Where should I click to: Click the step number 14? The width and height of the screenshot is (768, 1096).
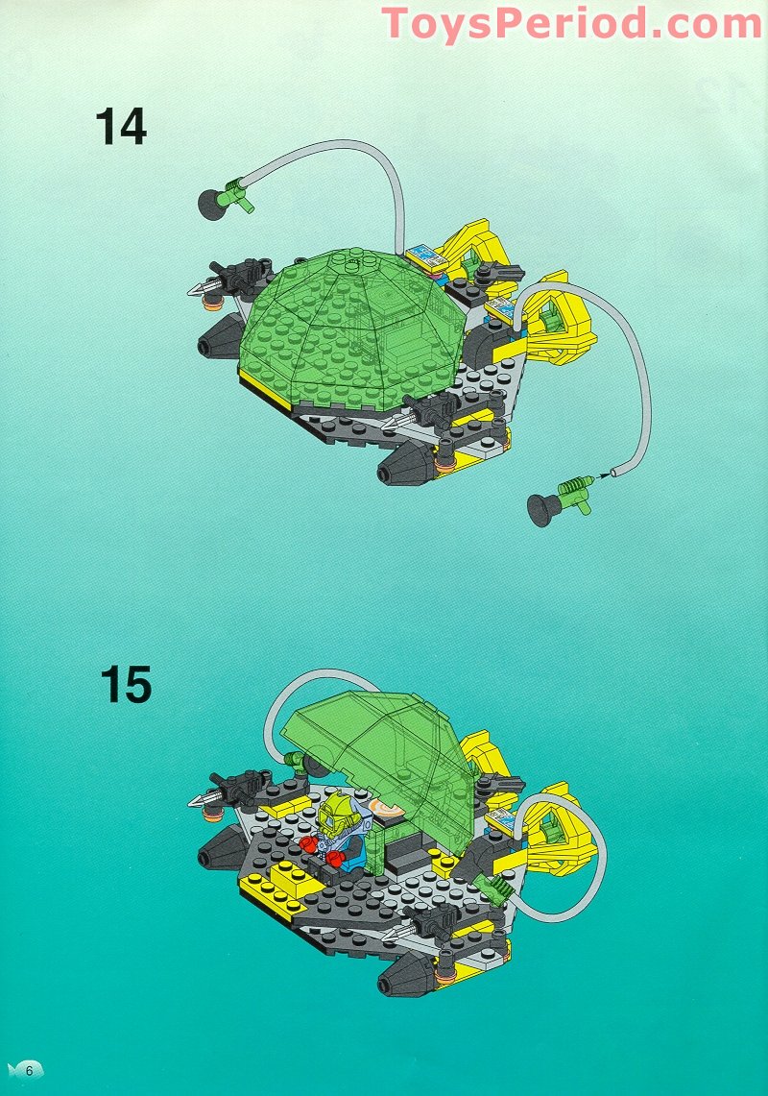[x=121, y=127]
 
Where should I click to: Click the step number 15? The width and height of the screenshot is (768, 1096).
[x=125, y=685]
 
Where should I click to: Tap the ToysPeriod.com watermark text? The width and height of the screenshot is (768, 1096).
[x=572, y=22]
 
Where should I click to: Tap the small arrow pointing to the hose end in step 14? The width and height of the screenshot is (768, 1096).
[x=605, y=473]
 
